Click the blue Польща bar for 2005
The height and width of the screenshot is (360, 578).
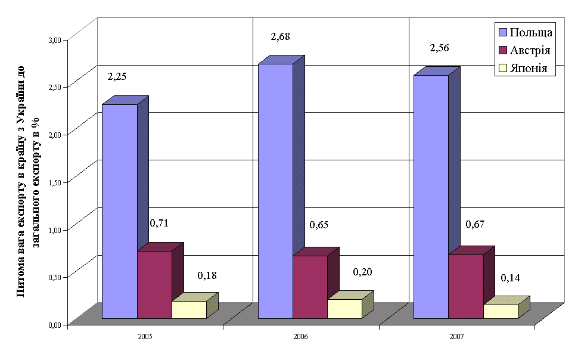[120, 212]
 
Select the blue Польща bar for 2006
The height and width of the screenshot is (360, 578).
[275, 191]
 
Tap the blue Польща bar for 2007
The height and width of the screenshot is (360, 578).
[431, 197]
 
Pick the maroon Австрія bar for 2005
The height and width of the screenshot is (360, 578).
[154, 284]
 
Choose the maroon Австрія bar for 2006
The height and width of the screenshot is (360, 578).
[310, 287]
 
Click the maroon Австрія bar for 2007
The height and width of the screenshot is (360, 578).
[465, 286]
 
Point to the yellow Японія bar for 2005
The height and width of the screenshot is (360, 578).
[189, 309]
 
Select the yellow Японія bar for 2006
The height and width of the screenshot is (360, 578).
[344, 309]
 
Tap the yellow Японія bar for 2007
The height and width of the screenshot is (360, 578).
[500, 311]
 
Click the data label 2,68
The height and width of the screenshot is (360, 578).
[280, 37]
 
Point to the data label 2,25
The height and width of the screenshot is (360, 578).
[117, 76]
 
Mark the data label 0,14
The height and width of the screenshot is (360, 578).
[510, 278]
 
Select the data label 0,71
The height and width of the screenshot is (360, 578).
[159, 223]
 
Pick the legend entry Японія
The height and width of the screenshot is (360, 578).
[532, 69]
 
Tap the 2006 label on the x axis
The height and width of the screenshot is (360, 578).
[300, 337]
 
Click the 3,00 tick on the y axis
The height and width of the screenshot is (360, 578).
[55, 40]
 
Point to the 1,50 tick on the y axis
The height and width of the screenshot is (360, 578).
[55, 182]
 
